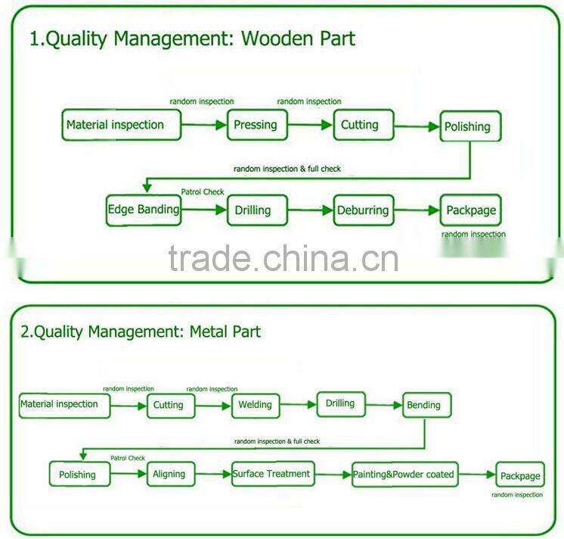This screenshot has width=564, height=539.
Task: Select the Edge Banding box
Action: tap(144, 210)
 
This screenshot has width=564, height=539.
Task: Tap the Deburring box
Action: tap(364, 210)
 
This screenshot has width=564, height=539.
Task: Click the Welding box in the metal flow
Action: tap(255, 405)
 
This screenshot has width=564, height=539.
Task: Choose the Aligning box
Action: tap(169, 475)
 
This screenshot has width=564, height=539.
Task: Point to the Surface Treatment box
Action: tap(271, 474)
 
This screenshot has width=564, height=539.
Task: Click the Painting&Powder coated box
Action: tap(404, 475)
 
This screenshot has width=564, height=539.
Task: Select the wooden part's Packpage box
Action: tap(470, 210)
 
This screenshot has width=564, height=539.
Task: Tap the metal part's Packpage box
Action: tap(519, 476)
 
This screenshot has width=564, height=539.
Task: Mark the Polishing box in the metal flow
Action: tap(79, 475)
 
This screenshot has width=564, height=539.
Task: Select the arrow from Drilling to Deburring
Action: tap(311, 210)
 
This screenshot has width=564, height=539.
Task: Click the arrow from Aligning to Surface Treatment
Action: tap(213, 475)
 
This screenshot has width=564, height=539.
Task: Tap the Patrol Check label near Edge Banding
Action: tap(203, 192)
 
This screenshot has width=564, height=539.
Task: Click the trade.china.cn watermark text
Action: tap(283, 258)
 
